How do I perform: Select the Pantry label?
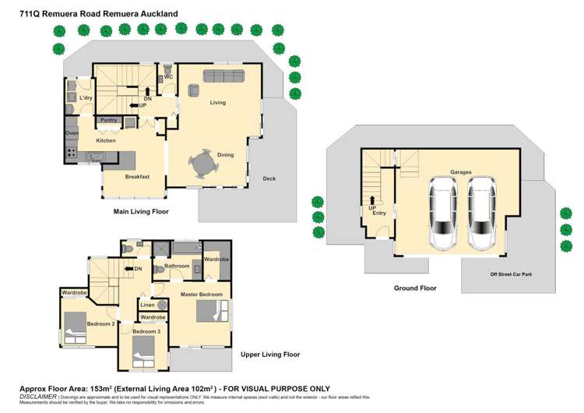tap(107, 121)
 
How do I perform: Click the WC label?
tap(168, 77)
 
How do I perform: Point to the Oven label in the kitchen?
tap(72, 133)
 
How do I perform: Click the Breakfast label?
tap(137, 177)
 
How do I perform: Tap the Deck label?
tap(269, 178)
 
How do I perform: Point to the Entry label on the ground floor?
tap(378, 214)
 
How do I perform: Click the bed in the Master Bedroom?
tap(211, 312)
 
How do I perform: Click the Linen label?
tap(147, 305)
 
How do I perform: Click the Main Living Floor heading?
tap(141, 211)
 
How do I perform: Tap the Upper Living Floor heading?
tap(269, 355)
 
